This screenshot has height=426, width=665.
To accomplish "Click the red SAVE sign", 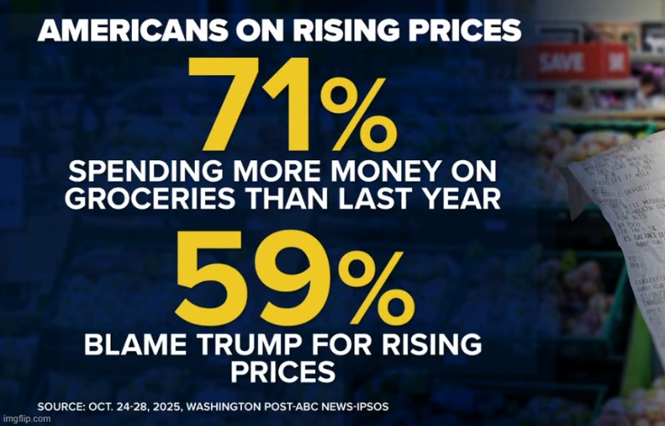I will pos(560,61).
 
